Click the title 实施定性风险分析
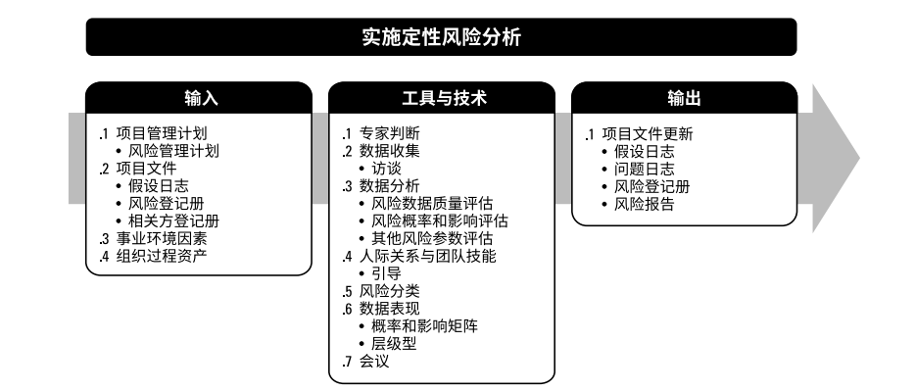point(441,38)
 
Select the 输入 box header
point(199,98)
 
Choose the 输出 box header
point(684,98)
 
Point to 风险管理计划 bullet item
point(173,152)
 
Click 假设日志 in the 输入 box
point(161,187)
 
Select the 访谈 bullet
point(386,170)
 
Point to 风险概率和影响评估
point(432,222)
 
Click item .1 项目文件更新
point(645,134)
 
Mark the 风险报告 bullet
point(645,205)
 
